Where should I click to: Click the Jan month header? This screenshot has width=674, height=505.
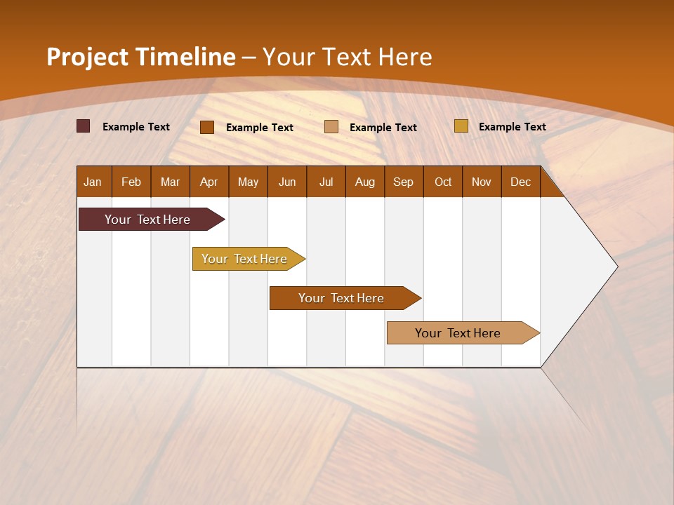pyautogui.click(x=93, y=182)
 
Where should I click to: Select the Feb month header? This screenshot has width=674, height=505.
pyautogui.click(x=131, y=182)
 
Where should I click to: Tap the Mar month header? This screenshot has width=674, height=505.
pyautogui.click(x=170, y=182)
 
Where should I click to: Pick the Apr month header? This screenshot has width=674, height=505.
pyautogui.click(x=209, y=182)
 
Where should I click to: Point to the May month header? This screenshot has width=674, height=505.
pyautogui.click(x=248, y=182)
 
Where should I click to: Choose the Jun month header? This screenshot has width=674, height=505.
pyautogui.click(x=287, y=182)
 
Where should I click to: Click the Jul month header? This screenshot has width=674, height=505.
pyautogui.click(x=326, y=182)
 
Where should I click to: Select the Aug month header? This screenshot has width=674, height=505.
pyautogui.click(x=365, y=182)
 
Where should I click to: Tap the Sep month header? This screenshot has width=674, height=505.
pyautogui.click(x=404, y=182)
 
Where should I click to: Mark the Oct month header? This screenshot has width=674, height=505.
pyautogui.click(x=443, y=182)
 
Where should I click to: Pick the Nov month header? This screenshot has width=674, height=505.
pyautogui.click(x=482, y=182)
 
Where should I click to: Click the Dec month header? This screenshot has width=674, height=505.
pyautogui.click(x=521, y=182)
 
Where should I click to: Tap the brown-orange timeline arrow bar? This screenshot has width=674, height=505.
pyautogui.click(x=342, y=298)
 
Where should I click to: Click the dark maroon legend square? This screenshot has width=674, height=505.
pyautogui.click(x=84, y=126)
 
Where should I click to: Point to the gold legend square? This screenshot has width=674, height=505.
pyautogui.click(x=461, y=126)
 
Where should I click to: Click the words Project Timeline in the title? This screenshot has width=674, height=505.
pyautogui.click(x=140, y=57)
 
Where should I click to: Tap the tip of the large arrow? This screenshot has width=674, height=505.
pyautogui.click(x=616, y=267)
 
